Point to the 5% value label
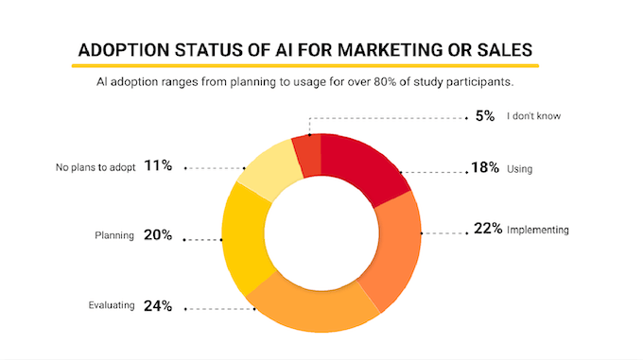click(484, 117)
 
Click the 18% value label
click(486, 169)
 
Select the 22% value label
click(487, 229)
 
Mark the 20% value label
click(157, 235)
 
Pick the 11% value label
click(158, 166)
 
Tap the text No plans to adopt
click(96, 167)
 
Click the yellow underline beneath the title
click(305, 66)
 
